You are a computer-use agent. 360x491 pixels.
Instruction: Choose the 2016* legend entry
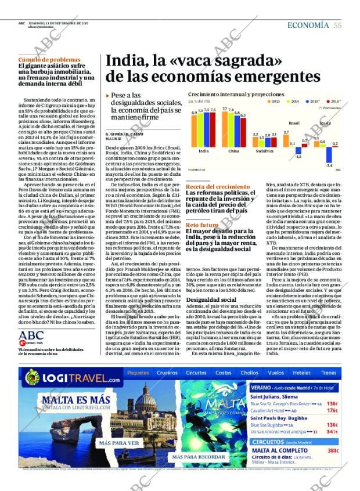333,101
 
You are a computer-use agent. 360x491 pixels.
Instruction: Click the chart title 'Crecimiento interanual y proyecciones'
236,94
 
